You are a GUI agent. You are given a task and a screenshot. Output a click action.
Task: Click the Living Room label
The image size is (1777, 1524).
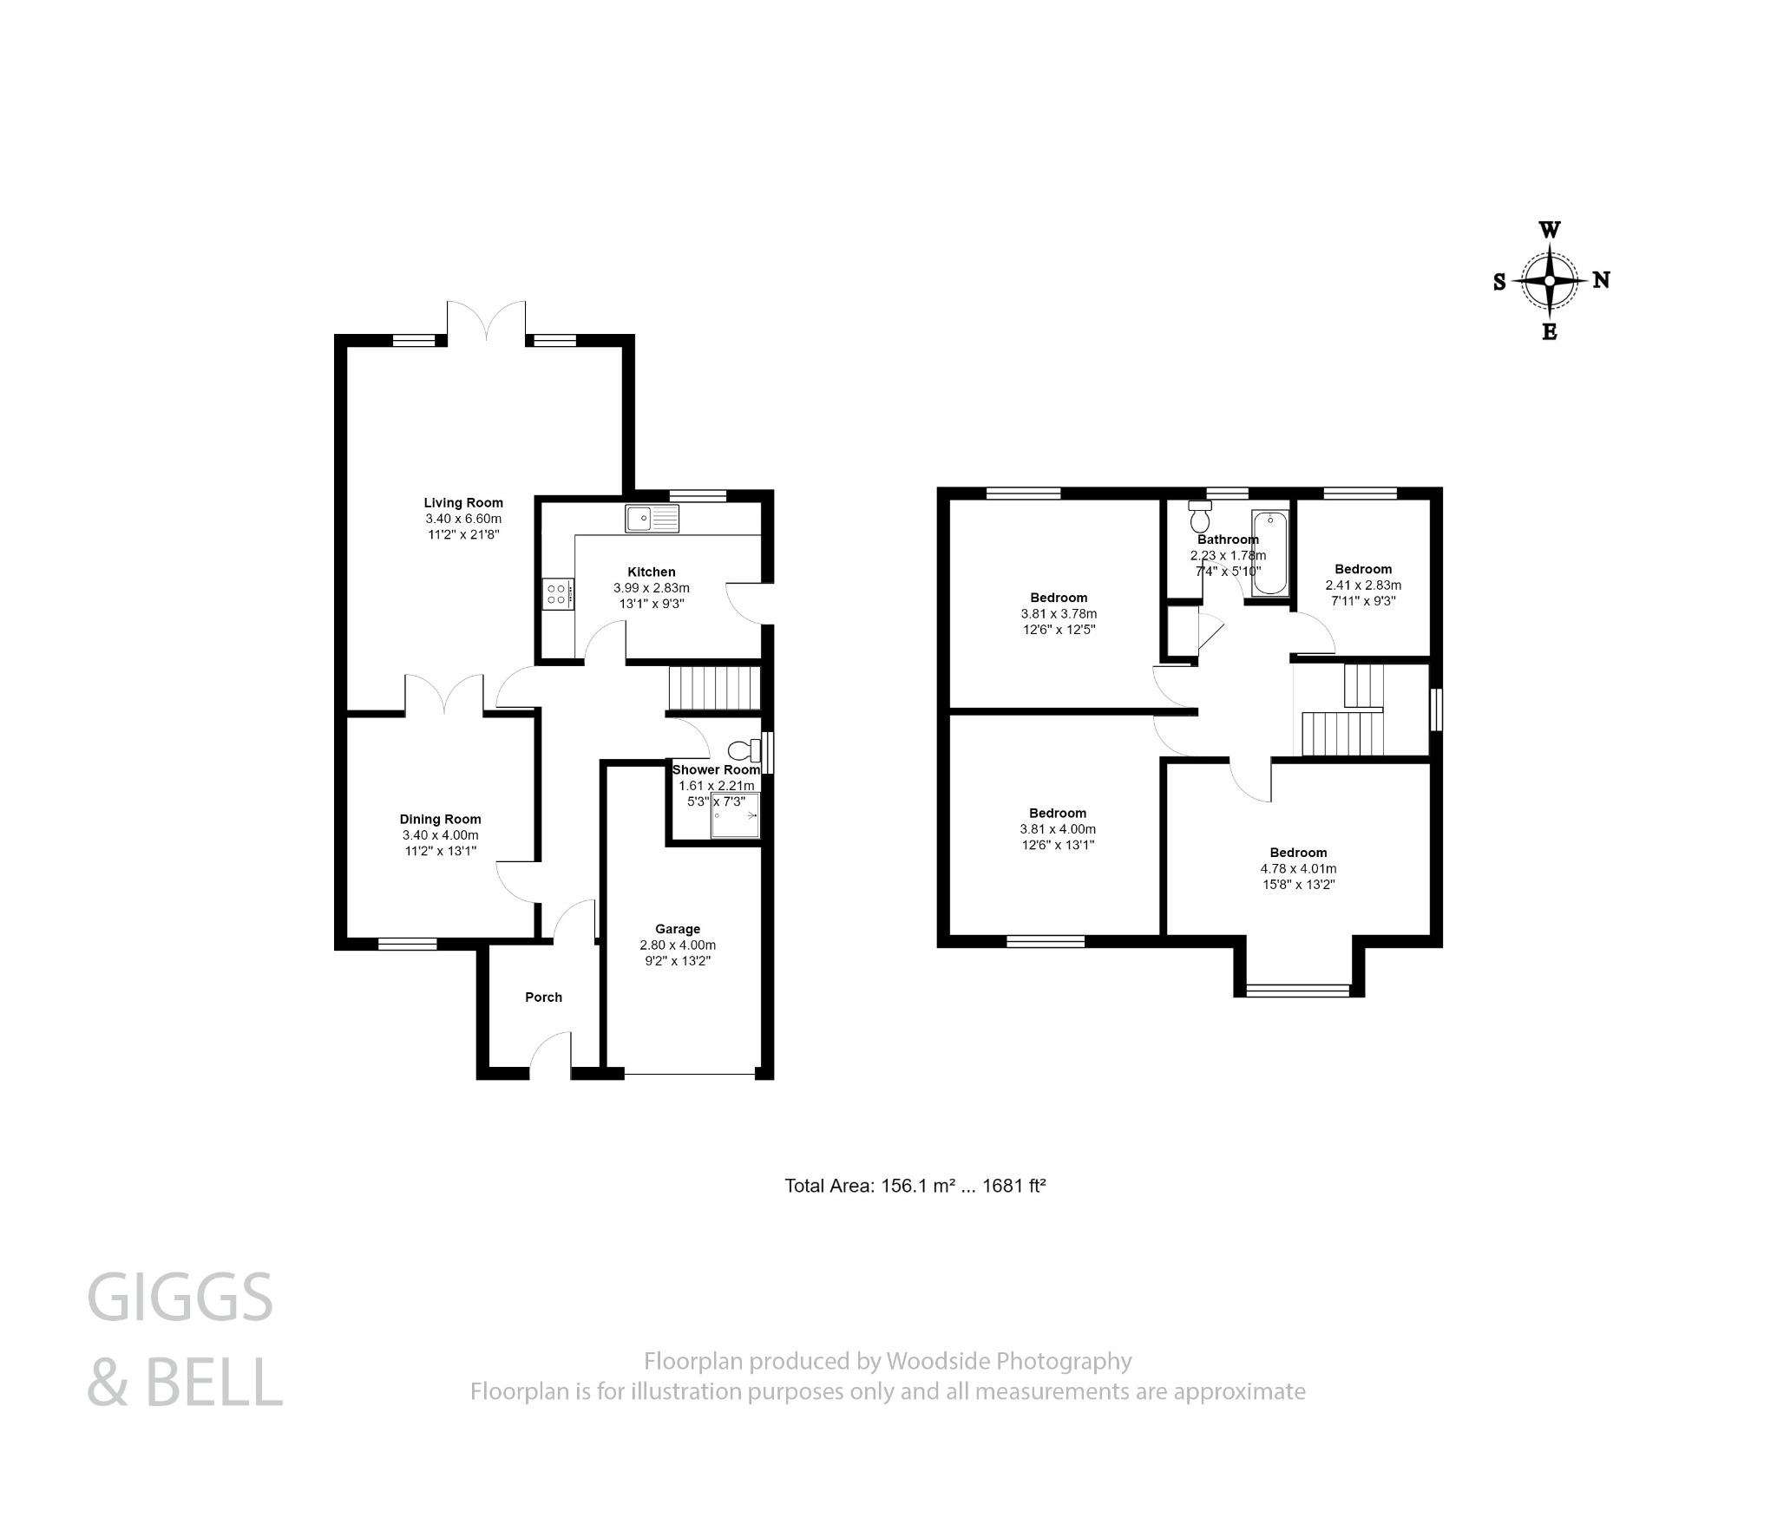coord(463,503)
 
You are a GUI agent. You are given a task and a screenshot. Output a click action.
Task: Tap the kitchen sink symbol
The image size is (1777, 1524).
coord(652,519)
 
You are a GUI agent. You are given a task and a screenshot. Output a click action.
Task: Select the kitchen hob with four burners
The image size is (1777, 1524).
coord(557,594)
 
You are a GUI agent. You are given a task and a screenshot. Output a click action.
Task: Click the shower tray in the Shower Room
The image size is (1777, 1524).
coord(734,816)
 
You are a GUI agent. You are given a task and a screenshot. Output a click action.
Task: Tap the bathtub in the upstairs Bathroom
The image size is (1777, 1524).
coord(1271,553)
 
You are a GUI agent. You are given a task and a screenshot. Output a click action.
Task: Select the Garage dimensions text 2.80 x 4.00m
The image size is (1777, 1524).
coord(678,945)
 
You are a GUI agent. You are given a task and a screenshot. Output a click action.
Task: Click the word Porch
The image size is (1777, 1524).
coord(543,997)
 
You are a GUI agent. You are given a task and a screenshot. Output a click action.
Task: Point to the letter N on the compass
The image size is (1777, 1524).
coord(1602,280)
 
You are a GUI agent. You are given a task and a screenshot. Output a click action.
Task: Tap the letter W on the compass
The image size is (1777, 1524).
coord(1550,231)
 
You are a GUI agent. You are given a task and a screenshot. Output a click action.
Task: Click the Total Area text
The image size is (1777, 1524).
coord(915,1186)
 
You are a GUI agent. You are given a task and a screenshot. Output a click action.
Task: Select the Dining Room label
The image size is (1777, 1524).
coord(440,820)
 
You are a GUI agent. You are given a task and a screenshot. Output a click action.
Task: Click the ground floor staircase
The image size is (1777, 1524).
coord(713,687)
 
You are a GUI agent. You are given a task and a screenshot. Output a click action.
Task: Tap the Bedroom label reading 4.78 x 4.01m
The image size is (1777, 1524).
coord(1298,868)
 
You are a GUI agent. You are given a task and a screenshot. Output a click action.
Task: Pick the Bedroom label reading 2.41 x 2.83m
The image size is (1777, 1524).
coord(1362,585)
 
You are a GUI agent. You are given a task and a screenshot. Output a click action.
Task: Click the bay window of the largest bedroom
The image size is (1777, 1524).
coord(1298,990)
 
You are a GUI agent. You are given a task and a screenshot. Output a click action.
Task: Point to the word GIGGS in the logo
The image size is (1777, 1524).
coord(180,1298)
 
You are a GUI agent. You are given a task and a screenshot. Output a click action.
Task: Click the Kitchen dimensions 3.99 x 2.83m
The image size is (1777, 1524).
coord(652,588)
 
